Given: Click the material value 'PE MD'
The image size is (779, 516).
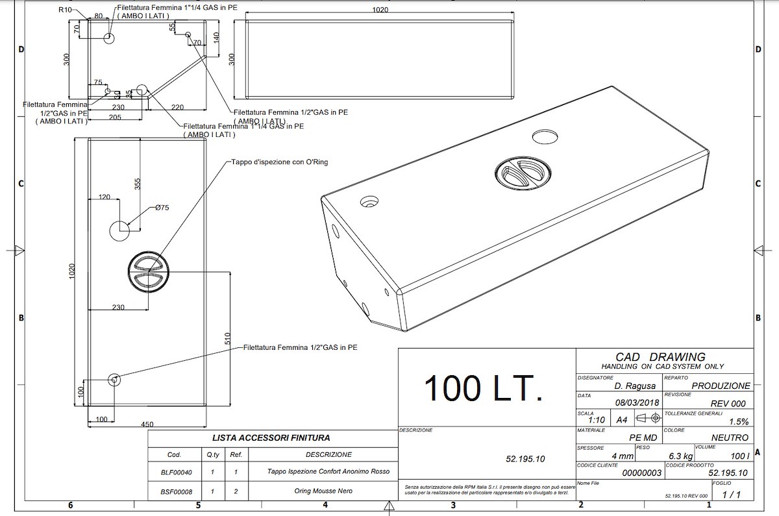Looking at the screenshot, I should tap(643, 438).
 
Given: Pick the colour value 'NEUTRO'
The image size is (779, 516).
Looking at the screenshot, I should tap(730, 438).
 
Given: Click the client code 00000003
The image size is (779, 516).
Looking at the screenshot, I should tap(641, 473).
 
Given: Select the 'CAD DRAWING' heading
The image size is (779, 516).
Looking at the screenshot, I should tap(661, 357).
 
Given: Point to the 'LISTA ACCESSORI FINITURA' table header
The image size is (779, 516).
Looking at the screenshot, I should tap(271, 438).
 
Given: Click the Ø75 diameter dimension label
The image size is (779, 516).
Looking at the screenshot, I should tap(162, 208).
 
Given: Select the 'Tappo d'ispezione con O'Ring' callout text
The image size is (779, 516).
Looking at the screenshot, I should tap(280, 162).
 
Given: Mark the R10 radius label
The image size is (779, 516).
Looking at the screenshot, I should tap(65, 10).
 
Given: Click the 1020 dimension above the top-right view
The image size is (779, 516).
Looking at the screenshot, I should tap(380, 10).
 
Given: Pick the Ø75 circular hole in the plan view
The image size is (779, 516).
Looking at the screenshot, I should tap(120, 230).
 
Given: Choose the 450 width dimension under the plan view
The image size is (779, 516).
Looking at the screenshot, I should tap(147, 425).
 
